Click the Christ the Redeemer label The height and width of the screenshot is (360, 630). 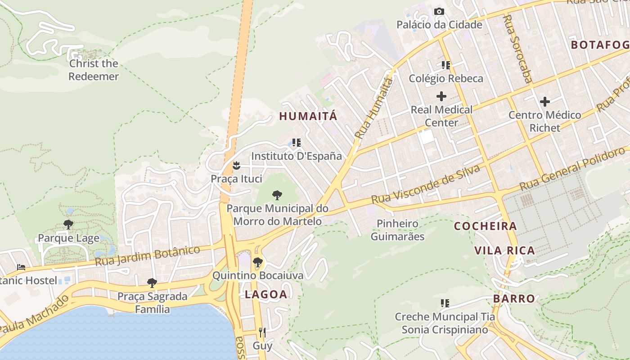(x=94, y=70)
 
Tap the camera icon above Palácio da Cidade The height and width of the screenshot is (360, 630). (x=439, y=12)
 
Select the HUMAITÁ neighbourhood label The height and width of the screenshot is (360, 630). (x=308, y=116)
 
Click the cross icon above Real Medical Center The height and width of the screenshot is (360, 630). (x=441, y=96)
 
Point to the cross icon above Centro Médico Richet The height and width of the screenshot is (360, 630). (x=545, y=102)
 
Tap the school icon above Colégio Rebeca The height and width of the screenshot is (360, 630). (x=445, y=65)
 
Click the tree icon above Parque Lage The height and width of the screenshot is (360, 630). (x=68, y=224)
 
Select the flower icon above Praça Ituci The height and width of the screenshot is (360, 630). (x=236, y=166)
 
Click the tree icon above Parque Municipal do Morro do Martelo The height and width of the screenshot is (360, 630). (x=277, y=195)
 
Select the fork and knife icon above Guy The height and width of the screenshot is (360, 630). (x=262, y=333)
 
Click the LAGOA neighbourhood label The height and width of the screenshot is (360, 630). (x=265, y=295)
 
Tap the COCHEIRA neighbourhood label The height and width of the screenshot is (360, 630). (x=485, y=226)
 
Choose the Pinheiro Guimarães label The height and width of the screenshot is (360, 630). (x=397, y=229)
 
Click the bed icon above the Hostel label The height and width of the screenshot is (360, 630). (x=21, y=267)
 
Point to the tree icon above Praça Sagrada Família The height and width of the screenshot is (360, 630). (x=152, y=283)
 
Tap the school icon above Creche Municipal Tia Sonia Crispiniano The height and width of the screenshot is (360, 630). (x=445, y=303)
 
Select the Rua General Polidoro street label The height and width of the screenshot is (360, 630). (x=571, y=169)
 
